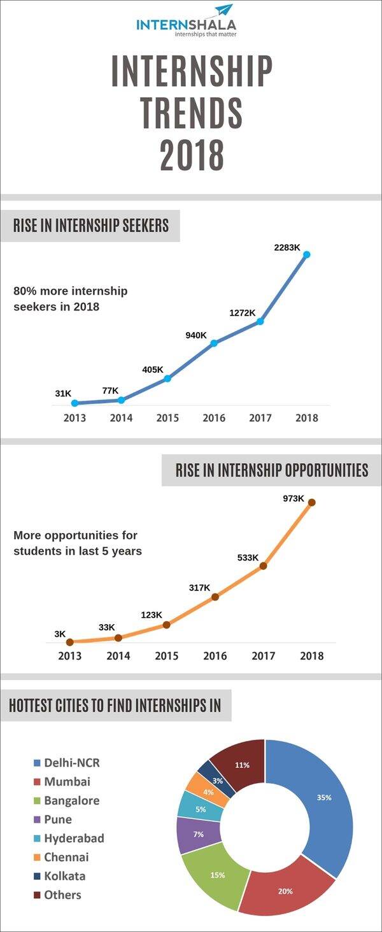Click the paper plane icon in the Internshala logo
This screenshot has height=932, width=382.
(223, 10)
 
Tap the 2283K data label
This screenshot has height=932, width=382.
(287, 247)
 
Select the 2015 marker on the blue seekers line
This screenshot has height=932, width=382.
(167, 379)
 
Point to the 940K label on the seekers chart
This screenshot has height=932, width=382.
(196, 335)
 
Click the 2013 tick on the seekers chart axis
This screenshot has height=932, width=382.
(74, 418)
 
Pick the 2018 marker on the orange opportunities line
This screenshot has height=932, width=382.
(311, 502)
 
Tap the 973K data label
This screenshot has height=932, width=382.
(294, 498)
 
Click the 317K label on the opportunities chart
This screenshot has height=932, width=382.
(199, 588)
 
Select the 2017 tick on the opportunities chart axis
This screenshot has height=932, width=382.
(264, 656)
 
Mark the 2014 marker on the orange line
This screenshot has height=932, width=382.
(118, 637)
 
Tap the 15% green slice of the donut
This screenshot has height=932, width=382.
(216, 878)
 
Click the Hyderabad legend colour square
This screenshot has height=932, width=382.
(37, 838)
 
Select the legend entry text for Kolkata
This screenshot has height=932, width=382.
(64, 875)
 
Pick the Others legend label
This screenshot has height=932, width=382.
(62, 894)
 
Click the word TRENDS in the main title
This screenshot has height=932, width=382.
(191, 112)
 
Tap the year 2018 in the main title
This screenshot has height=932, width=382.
(191, 154)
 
